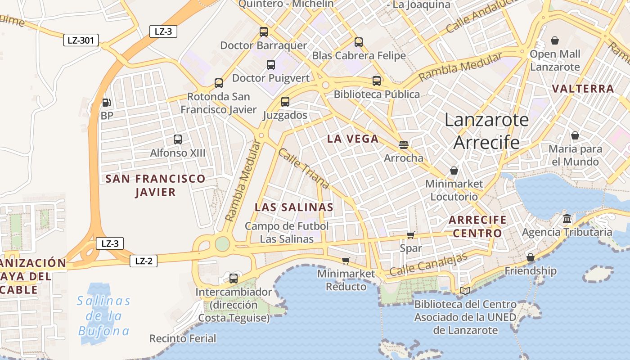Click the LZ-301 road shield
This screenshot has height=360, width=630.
(81, 40)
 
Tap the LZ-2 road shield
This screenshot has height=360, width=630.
(144, 261)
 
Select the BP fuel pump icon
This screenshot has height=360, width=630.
(106, 103)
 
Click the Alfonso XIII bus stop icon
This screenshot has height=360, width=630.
(178, 139)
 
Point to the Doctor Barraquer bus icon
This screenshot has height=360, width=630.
(264, 32)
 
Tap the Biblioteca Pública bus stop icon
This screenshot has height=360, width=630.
(377, 81)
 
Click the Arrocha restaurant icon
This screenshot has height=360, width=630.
(404, 145)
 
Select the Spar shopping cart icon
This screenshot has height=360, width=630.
(410, 235)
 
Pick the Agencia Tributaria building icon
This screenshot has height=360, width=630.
(567, 219)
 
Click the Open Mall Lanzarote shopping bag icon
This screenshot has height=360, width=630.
(555, 41)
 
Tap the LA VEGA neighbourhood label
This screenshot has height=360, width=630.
(353, 139)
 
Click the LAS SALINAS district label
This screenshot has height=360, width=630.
(294, 207)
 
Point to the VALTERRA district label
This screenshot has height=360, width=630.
(583, 89)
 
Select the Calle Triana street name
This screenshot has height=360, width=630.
(303, 169)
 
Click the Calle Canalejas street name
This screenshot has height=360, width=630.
(428, 265)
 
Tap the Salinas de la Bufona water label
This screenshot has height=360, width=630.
(104, 316)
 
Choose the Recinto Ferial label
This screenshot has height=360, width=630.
(183, 338)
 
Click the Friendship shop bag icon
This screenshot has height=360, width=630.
(531, 257)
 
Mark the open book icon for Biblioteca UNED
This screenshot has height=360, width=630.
(465, 291)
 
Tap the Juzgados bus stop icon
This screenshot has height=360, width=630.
(285, 102)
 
